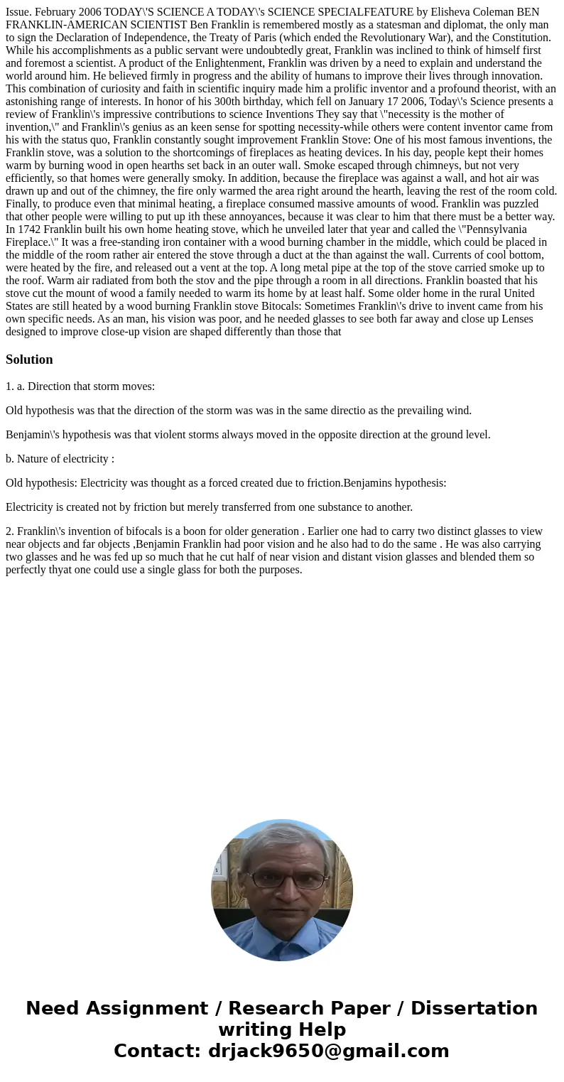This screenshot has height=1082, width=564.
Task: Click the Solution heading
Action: tap(29, 359)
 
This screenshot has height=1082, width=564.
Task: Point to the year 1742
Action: tap(29, 229)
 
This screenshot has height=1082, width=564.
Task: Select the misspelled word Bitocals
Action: tap(281, 306)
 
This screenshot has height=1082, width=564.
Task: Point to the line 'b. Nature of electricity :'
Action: tap(60, 459)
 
